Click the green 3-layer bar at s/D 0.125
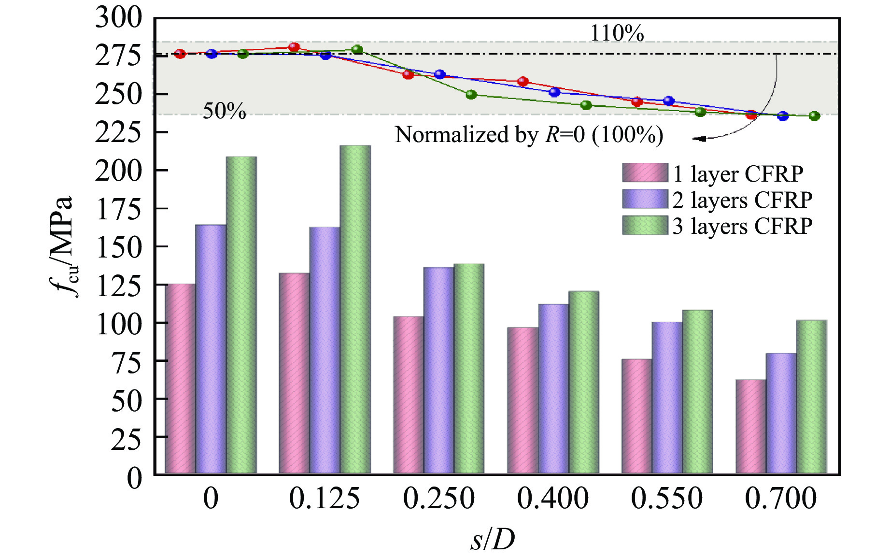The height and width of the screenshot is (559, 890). (x=355, y=309)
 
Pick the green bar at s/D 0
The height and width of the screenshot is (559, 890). (x=241, y=315)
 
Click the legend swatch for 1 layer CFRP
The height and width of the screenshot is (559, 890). (x=645, y=173)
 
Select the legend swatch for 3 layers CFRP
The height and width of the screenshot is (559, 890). (x=645, y=226)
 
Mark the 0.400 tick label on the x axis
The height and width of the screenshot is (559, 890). (x=553, y=499)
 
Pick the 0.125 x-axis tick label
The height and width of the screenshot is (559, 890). (x=324, y=499)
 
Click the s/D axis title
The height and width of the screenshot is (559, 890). (x=493, y=539)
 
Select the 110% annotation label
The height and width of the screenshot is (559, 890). (x=617, y=33)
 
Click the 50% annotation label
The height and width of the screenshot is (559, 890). (x=224, y=111)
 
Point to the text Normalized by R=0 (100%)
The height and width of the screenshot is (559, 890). (x=529, y=135)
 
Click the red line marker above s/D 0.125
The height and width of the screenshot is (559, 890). (x=294, y=47)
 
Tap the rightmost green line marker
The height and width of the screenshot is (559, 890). (x=814, y=116)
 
